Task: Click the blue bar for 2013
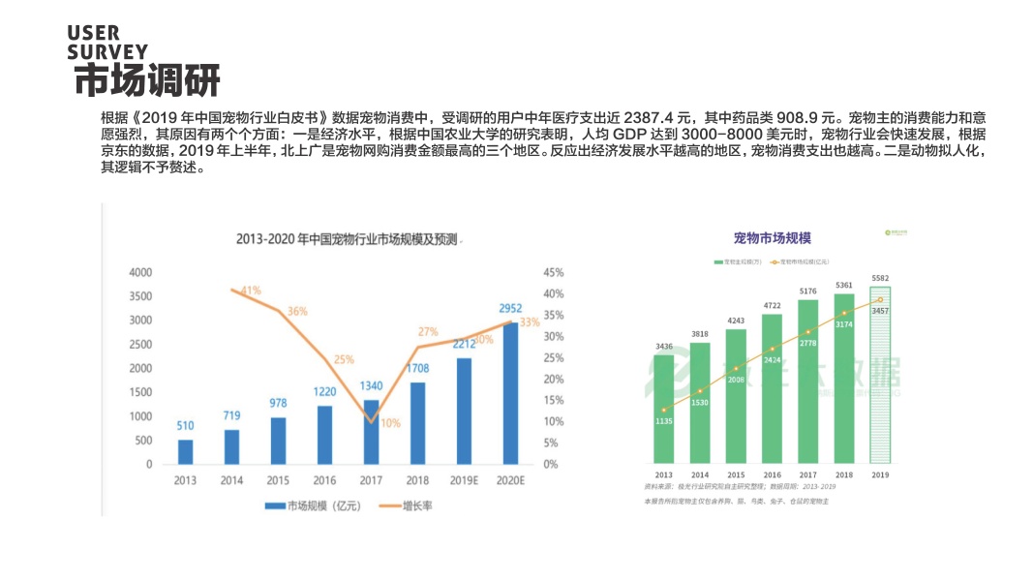tap(185, 452)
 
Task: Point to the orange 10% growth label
tap(390, 423)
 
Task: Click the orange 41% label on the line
tap(251, 290)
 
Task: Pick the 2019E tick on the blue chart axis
tap(464, 479)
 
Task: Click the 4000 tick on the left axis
tap(140, 272)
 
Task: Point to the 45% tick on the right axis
tap(554, 272)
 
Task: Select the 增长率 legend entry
tap(417, 505)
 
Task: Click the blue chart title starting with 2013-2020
tap(346, 238)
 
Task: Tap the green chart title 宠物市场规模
tap(772, 238)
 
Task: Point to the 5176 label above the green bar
tap(808, 290)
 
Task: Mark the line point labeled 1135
tap(664, 411)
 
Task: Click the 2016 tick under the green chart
tap(772, 474)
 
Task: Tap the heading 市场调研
tap(147, 80)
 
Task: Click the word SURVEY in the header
tap(107, 51)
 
